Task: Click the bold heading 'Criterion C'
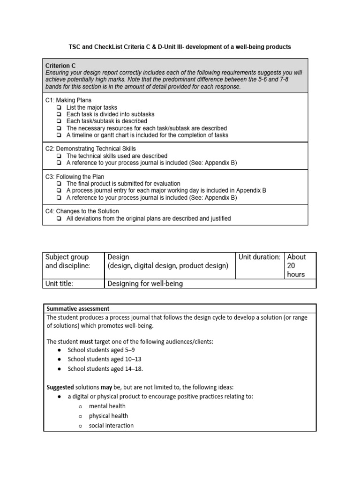click(x=60, y=66)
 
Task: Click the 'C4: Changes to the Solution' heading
click(x=82, y=211)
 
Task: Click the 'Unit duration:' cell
click(x=259, y=257)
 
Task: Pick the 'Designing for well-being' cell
click(x=145, y=283)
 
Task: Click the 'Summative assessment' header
click(x=78, y=308)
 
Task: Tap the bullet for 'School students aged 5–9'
click(x=59, y=350)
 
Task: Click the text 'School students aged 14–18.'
click(x=105, y=368)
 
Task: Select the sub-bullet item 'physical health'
click(x=108, y=416)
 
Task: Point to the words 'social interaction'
click(x=111, y=426)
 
